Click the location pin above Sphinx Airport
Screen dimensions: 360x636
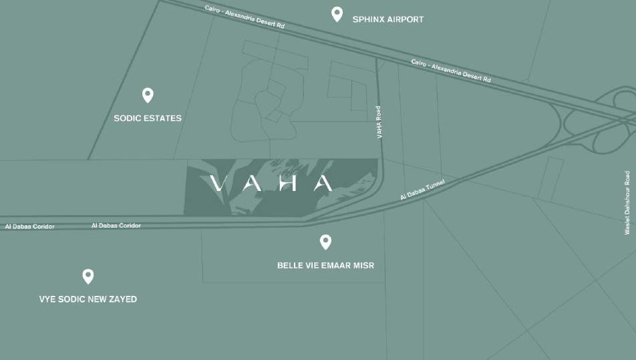337,14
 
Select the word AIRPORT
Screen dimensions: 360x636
406,19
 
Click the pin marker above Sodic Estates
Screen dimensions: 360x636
148,95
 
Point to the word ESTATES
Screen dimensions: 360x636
164,118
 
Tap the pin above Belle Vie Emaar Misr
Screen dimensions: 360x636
325,242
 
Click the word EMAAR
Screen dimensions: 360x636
339,266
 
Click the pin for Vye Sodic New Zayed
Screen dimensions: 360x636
88,276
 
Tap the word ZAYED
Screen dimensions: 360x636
122,299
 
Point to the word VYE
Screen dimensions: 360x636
48,299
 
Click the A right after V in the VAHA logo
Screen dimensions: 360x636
252,183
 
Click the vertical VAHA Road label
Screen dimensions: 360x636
379,122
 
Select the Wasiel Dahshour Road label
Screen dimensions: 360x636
627,201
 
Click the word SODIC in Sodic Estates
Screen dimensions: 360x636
128,118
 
